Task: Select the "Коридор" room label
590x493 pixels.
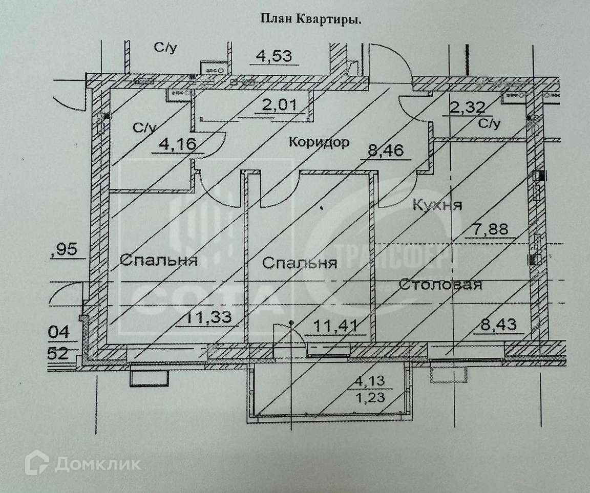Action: [319, 142]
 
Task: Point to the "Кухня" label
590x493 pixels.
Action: [437, 205]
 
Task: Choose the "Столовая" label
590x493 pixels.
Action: [440, 284]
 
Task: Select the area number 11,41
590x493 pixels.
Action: [335, 325]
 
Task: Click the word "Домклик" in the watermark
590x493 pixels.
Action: [97, 464]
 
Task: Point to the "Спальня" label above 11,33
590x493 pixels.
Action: [158, 260]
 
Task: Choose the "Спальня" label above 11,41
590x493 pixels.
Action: [300, 263]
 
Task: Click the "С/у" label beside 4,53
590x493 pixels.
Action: [165, 48]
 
